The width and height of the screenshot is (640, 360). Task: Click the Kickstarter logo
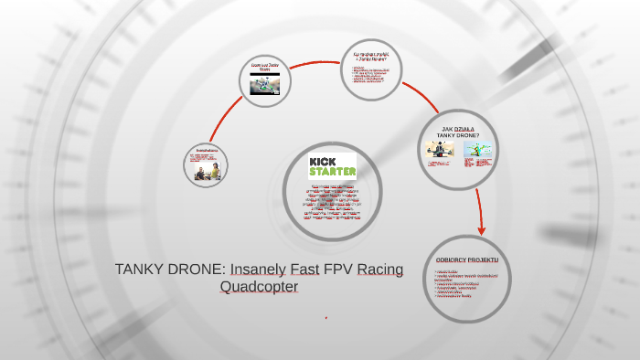[332, 166]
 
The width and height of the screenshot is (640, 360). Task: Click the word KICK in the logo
[325, 161]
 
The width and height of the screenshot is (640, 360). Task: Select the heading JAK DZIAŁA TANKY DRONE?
[457, 132]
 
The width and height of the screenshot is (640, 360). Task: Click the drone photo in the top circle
[265, 84]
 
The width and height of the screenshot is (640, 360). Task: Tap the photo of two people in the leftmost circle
[206, 171]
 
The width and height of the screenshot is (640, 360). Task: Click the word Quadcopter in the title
[260, 287]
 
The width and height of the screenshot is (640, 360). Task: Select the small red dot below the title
[326, 317]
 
